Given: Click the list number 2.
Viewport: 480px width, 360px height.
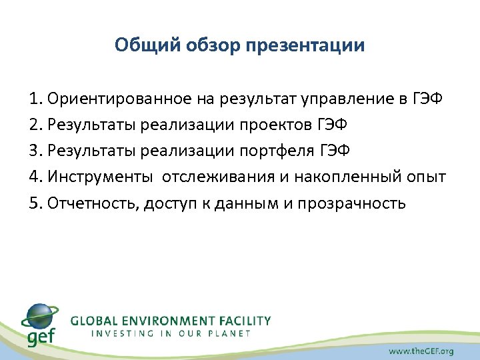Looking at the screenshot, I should pos(35,125).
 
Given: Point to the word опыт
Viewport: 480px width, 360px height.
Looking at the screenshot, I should pos(427,177).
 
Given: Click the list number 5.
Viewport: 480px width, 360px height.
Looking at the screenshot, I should pos(35,202).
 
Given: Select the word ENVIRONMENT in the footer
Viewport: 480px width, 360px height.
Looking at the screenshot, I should pos(172,321).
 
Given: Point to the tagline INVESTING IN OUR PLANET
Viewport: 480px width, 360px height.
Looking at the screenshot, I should pos(171,333).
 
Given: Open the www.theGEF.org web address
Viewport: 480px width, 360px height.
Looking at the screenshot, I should pos(421,351).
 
